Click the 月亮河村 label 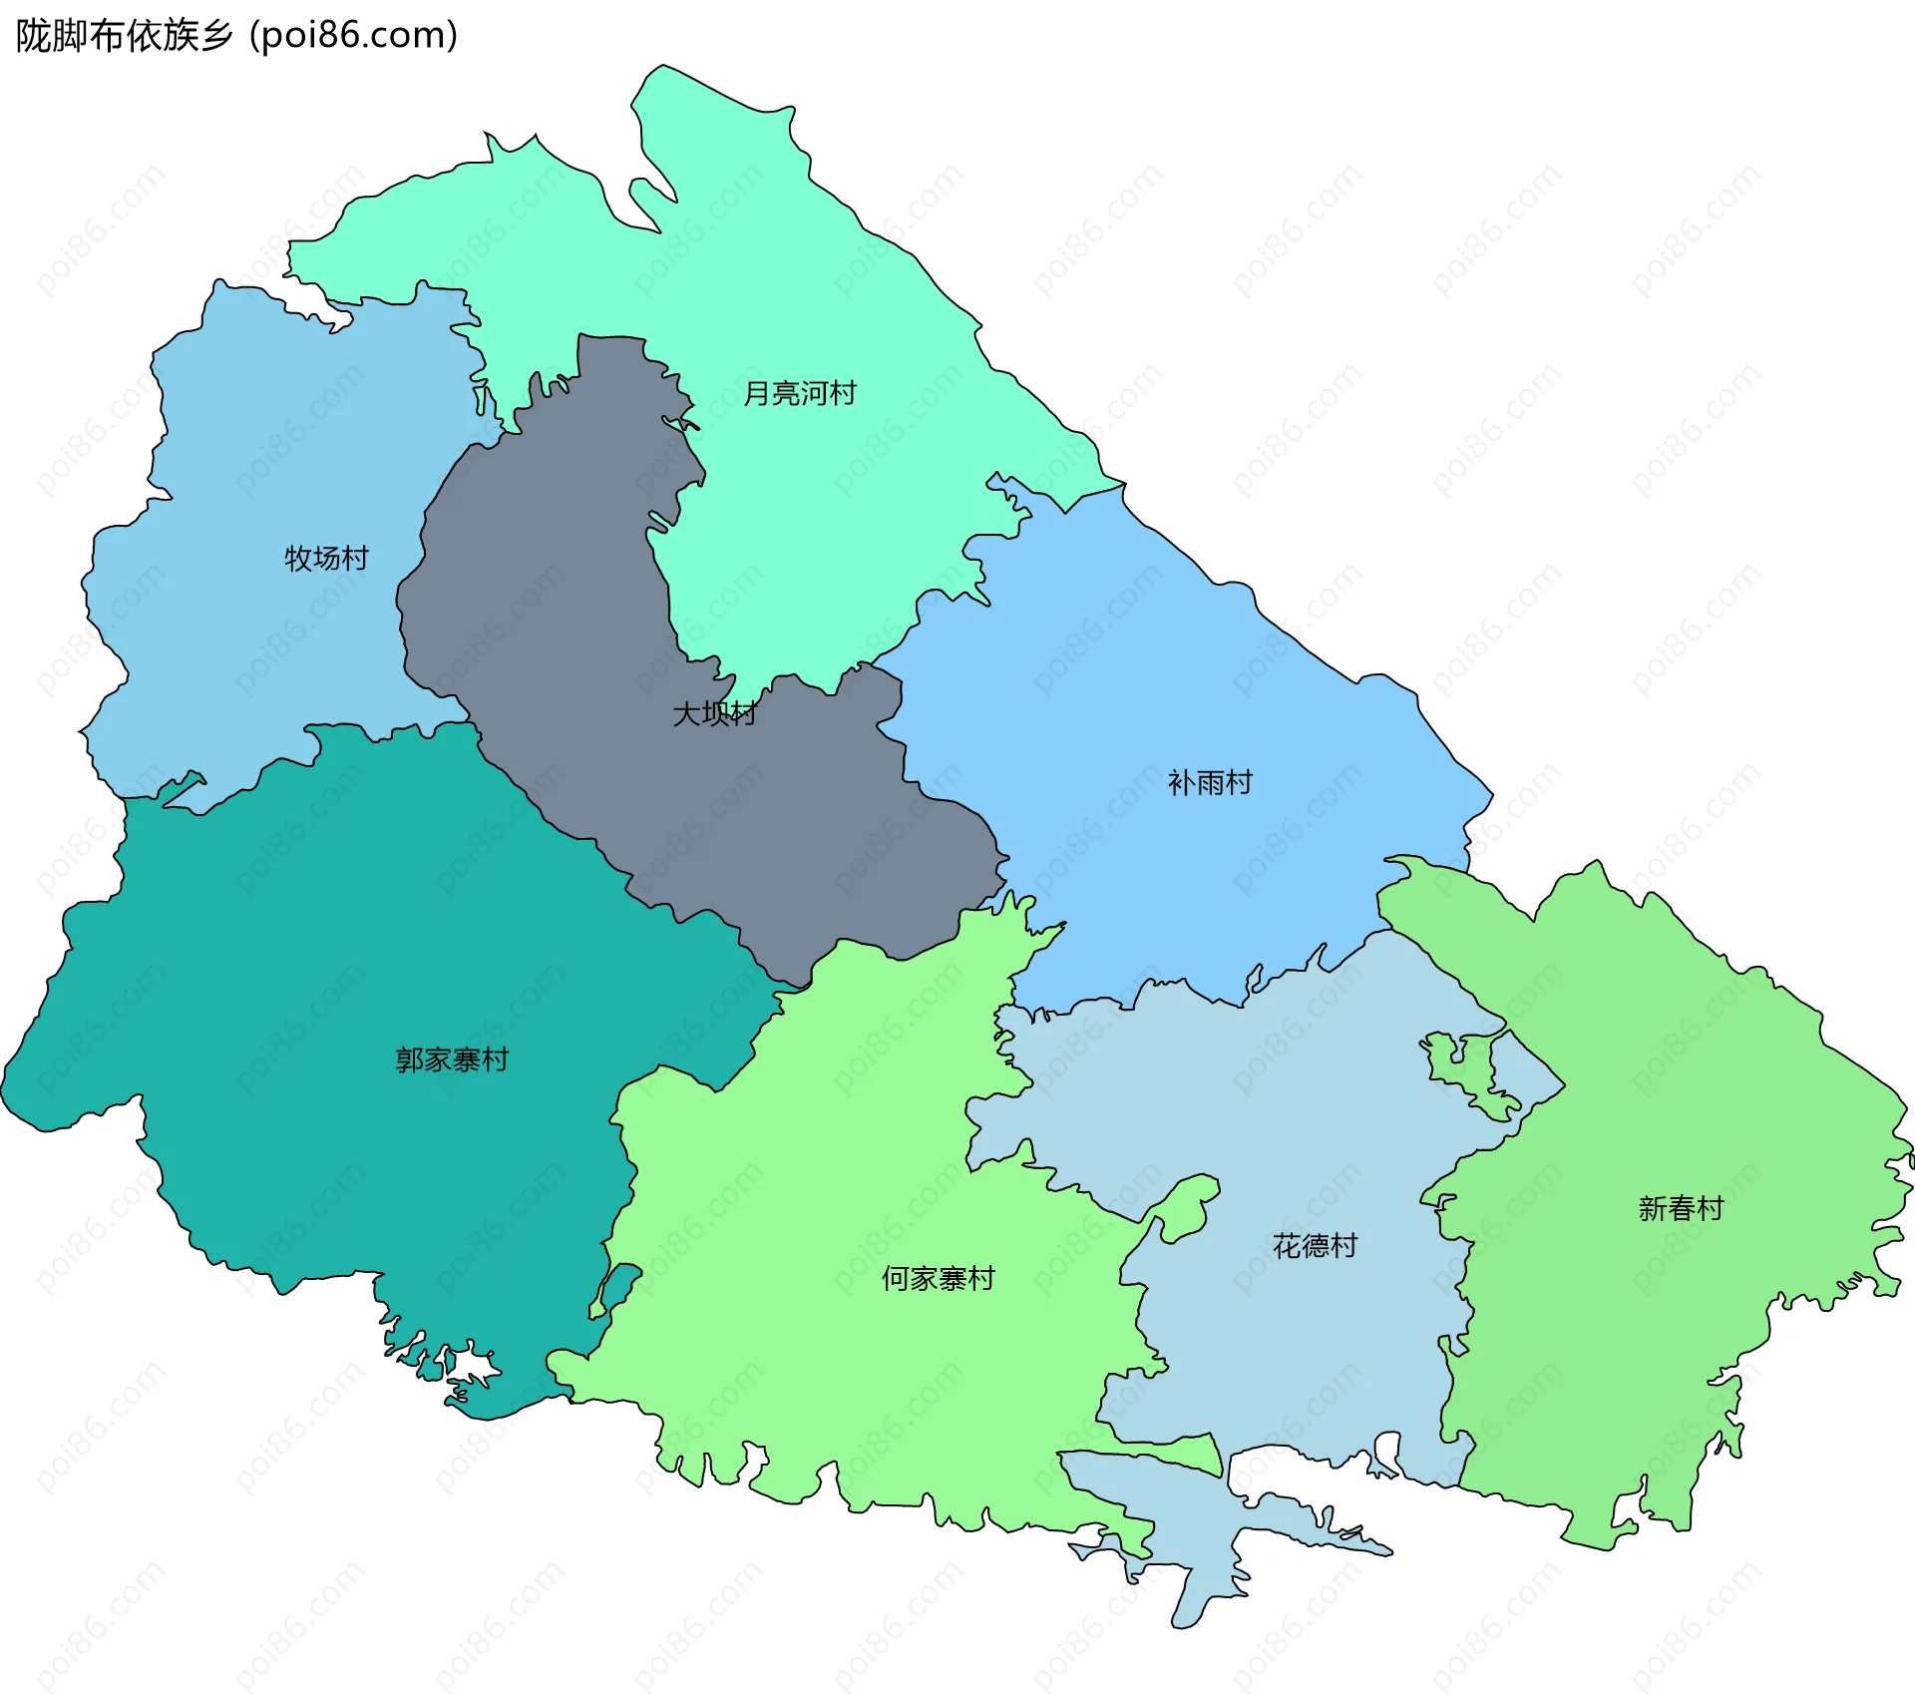pyautogui.click(x=800, y=393)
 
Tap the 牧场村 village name pyautogui.click(x=326, y=558)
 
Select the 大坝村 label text pyautogui.click(x=714, y=713)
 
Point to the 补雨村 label pyautogui.click(x=1210, y=782)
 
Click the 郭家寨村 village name pyautogui.click(x=452, y=1059)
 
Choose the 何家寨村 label pyautogui.click(x=938, y=1278)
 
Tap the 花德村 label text pyautogui.click(x=1315, y=1245)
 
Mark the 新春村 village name pyautogui.click(x=1681, y=1208)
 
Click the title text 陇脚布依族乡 pyautogui.click(x=124, y=36)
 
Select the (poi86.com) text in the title pyautogui.click(x=353, y=36)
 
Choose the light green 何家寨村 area pyautogui.click(x=848, y=1147)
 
